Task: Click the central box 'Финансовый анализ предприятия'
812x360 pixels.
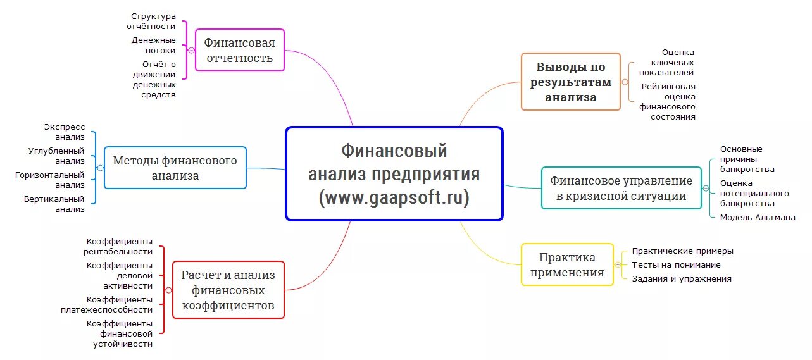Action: (394, 173)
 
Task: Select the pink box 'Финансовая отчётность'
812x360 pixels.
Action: (239, 51)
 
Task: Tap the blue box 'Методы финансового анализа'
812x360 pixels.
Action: (175, 168)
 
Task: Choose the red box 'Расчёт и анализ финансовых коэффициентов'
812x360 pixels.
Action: (228, 290)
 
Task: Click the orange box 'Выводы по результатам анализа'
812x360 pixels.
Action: (570, 82)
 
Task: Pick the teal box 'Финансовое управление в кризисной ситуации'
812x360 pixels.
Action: (621, 188)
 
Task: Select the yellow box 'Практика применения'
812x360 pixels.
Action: (567, 264)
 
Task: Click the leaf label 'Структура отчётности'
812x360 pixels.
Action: (153, 21)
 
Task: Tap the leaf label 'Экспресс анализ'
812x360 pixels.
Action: (65, 132)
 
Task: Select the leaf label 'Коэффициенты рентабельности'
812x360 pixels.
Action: (120, 246)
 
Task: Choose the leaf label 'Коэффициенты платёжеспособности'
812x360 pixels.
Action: (120, 304)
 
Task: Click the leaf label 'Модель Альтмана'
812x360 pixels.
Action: (758, 217)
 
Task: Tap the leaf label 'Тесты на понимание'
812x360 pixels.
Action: (676, 265)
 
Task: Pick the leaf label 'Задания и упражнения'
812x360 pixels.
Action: (682, 278)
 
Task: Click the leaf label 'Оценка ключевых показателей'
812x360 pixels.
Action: (669, 62)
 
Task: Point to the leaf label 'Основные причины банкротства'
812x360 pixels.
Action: (747, 159)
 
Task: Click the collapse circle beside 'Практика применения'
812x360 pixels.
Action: (619, 265)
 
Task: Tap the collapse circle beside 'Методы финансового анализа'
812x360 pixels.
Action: (100, 168)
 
